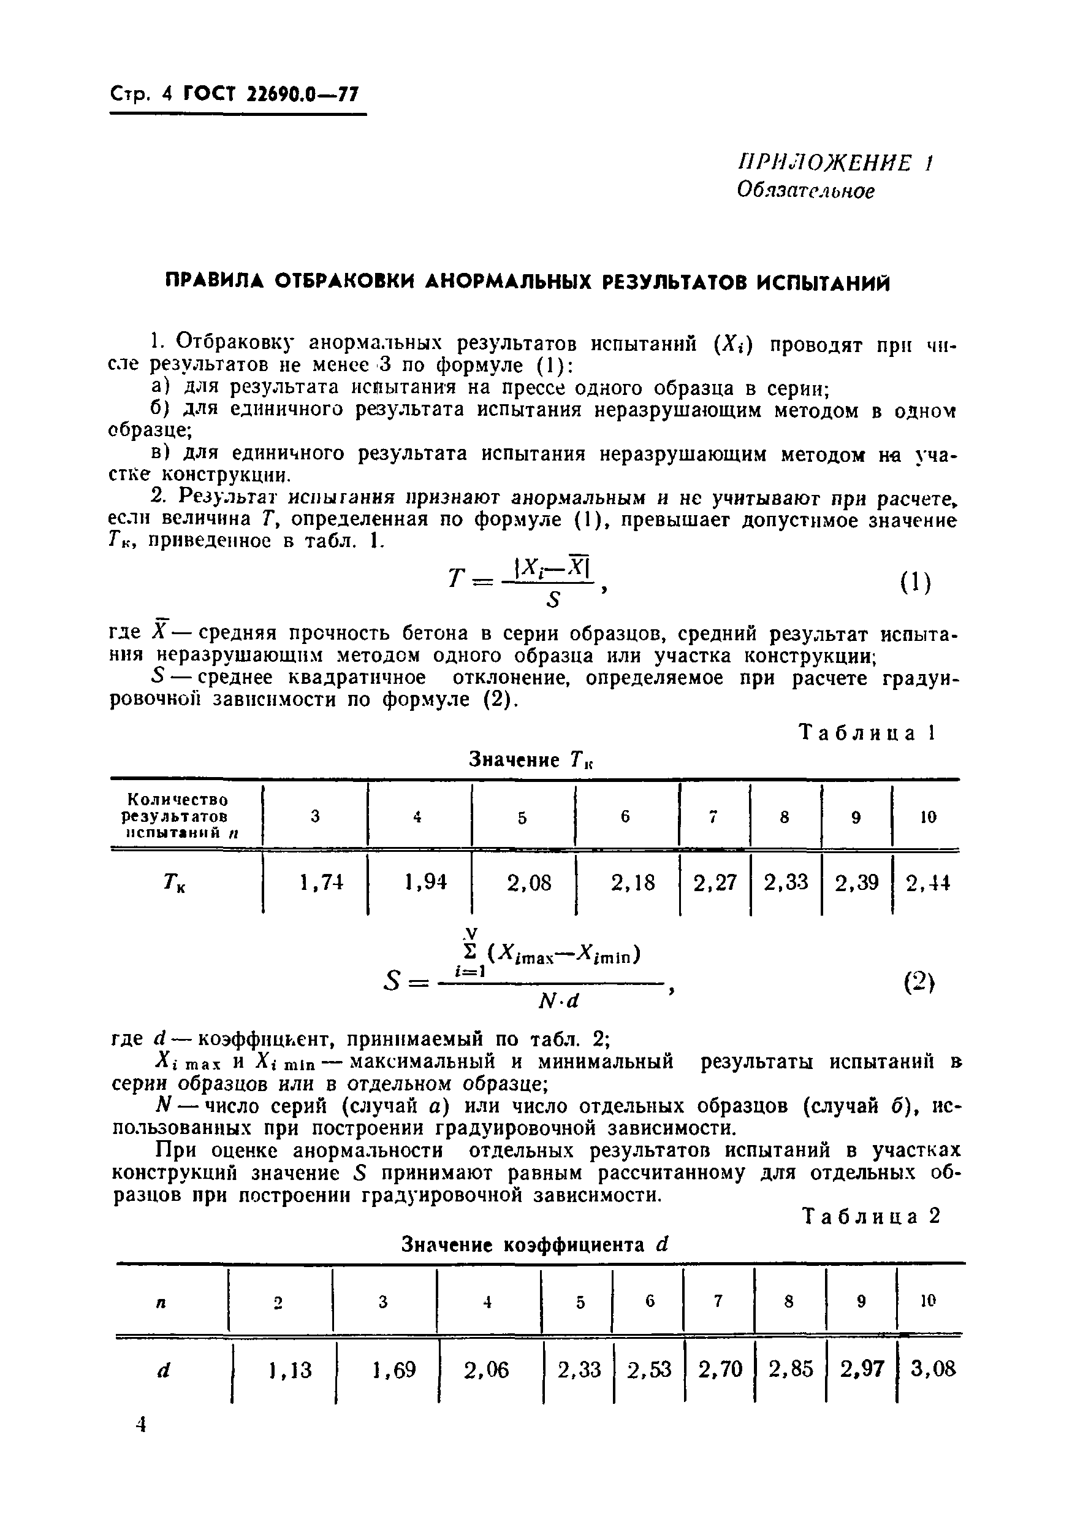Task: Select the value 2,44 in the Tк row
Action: (x=927, y=883)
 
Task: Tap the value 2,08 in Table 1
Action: (x=528, y=883)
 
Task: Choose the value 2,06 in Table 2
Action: (x=486, y=1370)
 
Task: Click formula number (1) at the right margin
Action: (x=916, y=583)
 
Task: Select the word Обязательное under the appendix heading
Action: (x=805, y=191)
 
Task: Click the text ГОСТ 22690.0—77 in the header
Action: (x=270, y=94)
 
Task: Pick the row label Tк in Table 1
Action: (x=175, y=884)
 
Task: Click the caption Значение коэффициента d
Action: (x=536, y=1245)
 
